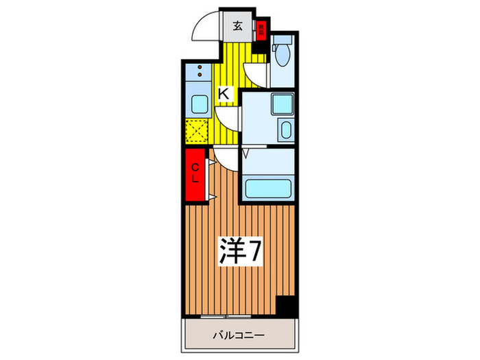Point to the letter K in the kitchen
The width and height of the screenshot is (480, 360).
(224, 94)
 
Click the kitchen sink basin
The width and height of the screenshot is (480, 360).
(198, 105)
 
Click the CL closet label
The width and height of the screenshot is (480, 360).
(195, 174)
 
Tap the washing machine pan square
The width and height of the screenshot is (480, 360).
(282, 104)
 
